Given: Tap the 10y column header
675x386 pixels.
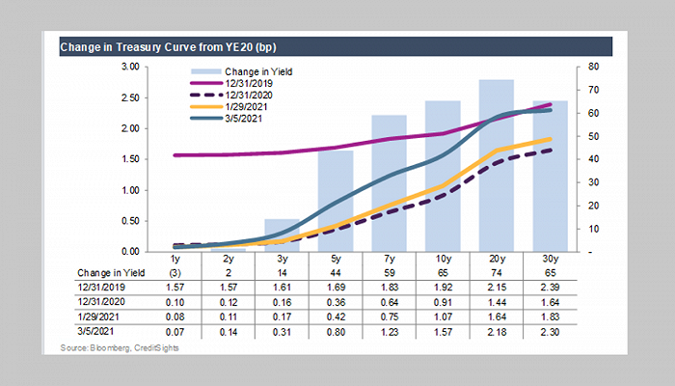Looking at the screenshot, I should tap(443, 260).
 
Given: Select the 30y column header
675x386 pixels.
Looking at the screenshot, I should tap(550, 260).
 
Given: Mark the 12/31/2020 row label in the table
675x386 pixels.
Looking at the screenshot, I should tap(84, 301).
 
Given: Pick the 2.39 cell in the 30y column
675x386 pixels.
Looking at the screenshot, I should tap(550, 288).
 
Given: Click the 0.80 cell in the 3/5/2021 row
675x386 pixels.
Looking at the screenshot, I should tap(336, 330).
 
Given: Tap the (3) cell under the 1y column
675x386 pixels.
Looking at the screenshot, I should tap(175, 273).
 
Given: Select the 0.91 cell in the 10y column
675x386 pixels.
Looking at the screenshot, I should tap(443, 301).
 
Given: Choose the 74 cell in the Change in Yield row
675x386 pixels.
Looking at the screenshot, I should tap(496, 273).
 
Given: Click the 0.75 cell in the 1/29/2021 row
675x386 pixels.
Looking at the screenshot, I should tap(389, 316).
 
